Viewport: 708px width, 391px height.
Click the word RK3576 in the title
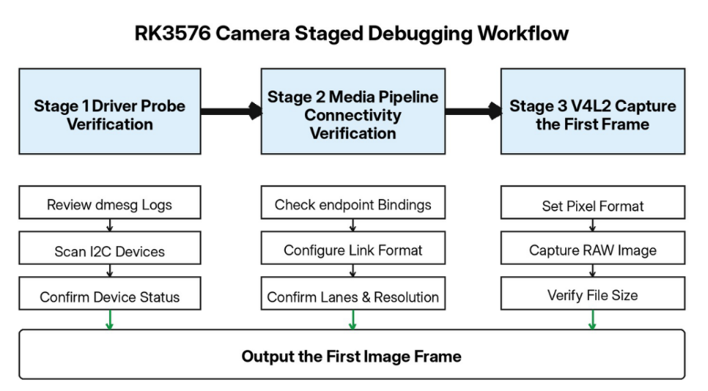172,34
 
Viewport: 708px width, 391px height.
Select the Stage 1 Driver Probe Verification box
110,111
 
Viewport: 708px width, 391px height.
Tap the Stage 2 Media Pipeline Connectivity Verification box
353,111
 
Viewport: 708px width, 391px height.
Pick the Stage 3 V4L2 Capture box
593,111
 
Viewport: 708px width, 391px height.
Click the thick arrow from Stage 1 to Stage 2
231,111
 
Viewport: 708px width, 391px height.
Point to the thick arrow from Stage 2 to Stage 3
473,111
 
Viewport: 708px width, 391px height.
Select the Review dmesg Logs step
110,203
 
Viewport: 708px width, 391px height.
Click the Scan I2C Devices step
110,248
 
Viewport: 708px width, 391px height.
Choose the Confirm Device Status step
110,293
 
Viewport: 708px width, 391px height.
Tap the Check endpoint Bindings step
353,203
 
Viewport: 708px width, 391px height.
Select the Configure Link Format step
353,248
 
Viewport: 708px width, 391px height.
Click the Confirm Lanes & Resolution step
353,293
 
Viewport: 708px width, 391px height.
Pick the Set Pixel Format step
593,203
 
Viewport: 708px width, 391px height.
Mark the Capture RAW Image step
593,248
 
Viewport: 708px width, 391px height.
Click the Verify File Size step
593,293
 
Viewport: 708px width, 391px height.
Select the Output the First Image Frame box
352,354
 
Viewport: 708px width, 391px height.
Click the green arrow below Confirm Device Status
109,320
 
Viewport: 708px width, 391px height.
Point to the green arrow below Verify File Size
592,320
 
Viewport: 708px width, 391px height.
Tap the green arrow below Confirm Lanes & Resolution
353,320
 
